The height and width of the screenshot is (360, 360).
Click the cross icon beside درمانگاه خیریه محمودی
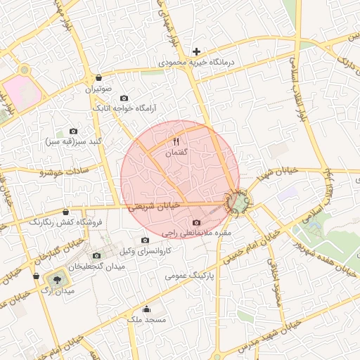(197, 51)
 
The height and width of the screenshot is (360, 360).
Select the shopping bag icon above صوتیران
(98, 77)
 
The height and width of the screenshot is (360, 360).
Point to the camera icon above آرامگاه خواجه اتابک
(124, 98)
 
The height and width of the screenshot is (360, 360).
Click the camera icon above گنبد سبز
(74, 131)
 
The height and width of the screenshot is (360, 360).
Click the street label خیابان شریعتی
(155, 205)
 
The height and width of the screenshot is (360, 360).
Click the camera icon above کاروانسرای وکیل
(146, 240)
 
